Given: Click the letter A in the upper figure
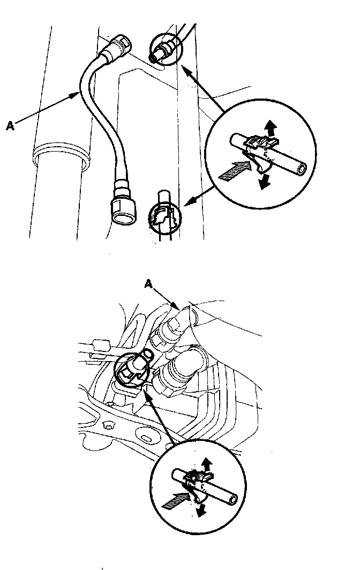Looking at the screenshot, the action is [10, 126].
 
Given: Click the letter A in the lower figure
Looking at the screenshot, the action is [148, 284].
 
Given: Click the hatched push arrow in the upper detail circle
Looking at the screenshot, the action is [235, 170].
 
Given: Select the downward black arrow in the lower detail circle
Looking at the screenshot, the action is [200, 508].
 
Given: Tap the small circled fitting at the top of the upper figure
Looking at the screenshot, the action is [164, 49].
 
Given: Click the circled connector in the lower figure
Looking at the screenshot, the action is [132, 369].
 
